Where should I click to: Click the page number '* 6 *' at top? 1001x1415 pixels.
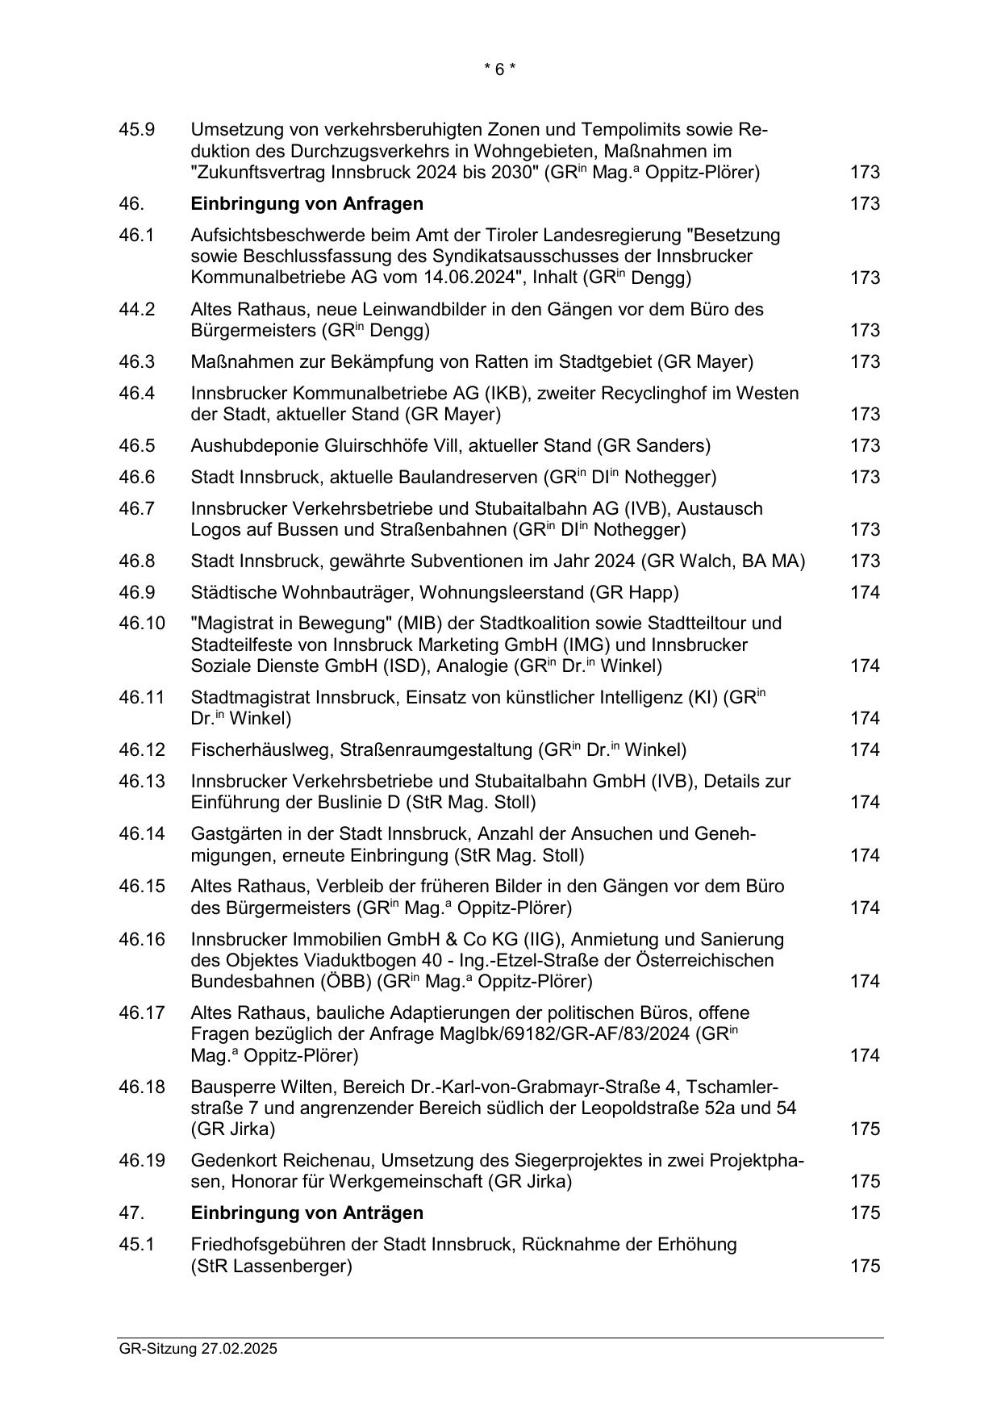tap(499, 69)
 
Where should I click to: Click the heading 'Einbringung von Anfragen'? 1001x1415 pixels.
tap(307, 203)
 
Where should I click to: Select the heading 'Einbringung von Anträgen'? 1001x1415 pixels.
tap(307, 1213)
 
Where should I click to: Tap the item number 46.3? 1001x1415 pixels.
tap(136, 361)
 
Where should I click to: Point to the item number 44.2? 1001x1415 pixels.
tap(136, 309)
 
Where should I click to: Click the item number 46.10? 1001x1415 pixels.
tap(141, 624)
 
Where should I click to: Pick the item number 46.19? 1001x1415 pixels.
tap(141, 1160)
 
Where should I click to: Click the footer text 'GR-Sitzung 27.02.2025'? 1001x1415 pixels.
tap(198, 1349)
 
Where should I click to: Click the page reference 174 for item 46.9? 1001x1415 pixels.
tap(865, 592)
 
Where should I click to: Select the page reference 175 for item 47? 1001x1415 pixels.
tap(865, 1213)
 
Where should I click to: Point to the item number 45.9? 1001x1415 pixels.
tap(136, 130)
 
